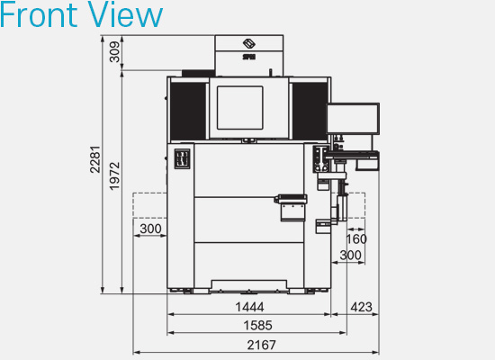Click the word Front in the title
(x=39, y=14)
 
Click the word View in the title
(x=125, y=14)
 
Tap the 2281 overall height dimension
(x=95, y=159)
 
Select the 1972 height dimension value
(x=114, y=175)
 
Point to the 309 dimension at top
(x=114, y=52)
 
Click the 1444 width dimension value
(x=249, y=307)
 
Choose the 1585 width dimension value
(x=257, y=325)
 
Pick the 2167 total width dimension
(x=261, y=345)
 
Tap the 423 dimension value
(x=362, y=307)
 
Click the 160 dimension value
(x=356, y=239)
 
